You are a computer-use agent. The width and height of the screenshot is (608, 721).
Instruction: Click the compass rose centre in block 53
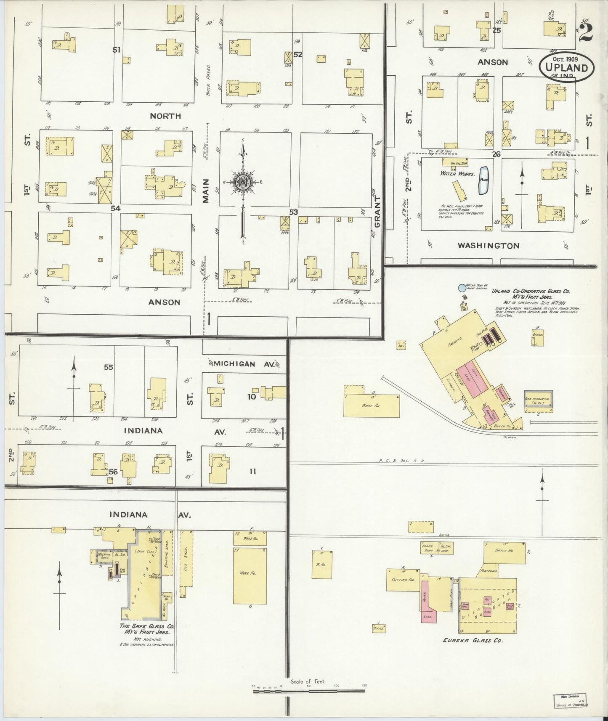tap(243, 182)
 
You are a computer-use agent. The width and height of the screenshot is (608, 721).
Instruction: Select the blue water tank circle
tap(462, 288)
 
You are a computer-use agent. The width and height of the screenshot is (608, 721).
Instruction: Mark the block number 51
tap(117, 50)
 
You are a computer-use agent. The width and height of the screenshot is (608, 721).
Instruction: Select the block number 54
tap(115, 208)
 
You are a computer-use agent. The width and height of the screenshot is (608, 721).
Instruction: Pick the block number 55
tap(109, 367)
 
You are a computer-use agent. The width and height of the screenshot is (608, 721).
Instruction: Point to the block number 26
tap(496, 154)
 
